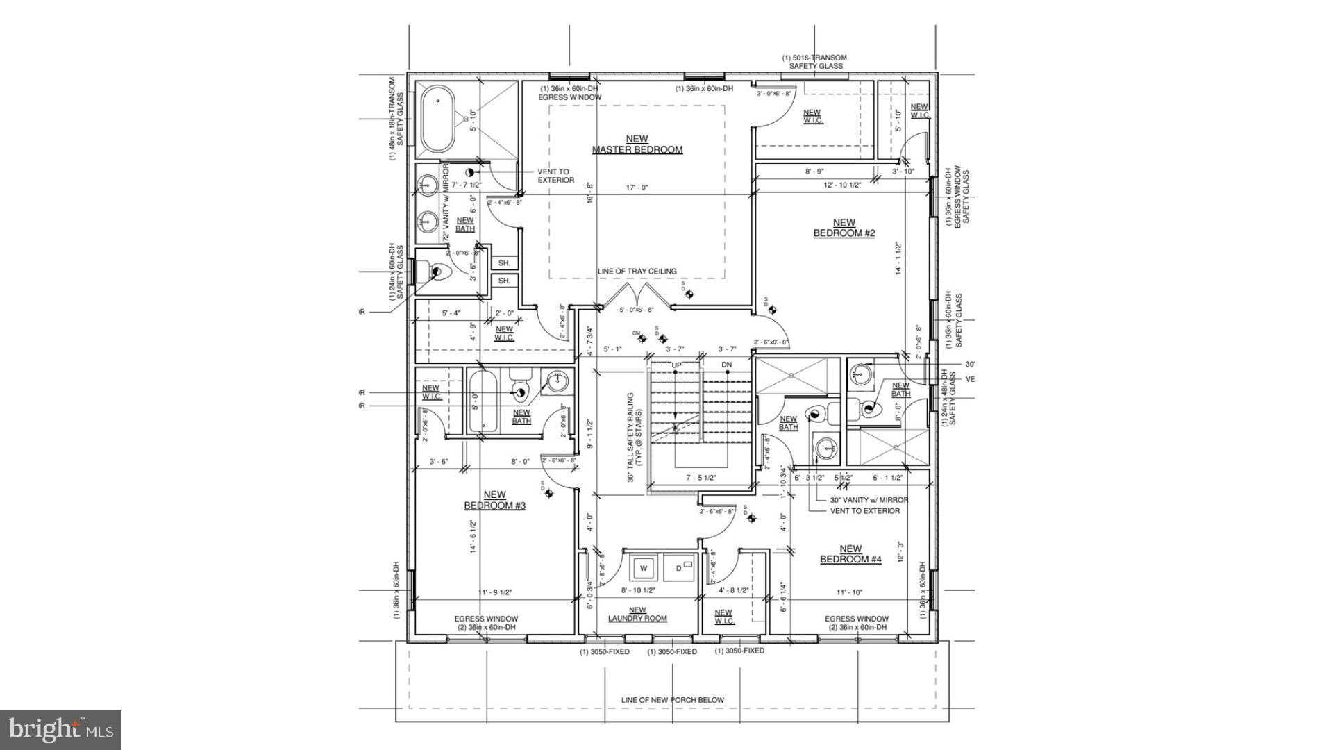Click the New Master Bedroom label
[x=637, y=144]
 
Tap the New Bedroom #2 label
[x=844, y=228]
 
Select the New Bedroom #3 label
[x=494, y=501]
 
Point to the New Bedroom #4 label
[x=850, y=554]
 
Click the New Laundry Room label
[x=637, y=615]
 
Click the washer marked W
[x=643, y=568]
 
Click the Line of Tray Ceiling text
[x=637, y=272]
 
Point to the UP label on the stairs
[x=676, y=365]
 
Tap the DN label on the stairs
[x=727, y=365]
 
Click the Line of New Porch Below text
[x=672, y=700]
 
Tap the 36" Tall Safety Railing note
[x=635, y=437]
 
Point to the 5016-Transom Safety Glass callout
[x=814, y=62]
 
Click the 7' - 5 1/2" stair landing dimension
[x=701, y=478]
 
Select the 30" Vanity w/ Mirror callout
[x=869, y=499]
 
